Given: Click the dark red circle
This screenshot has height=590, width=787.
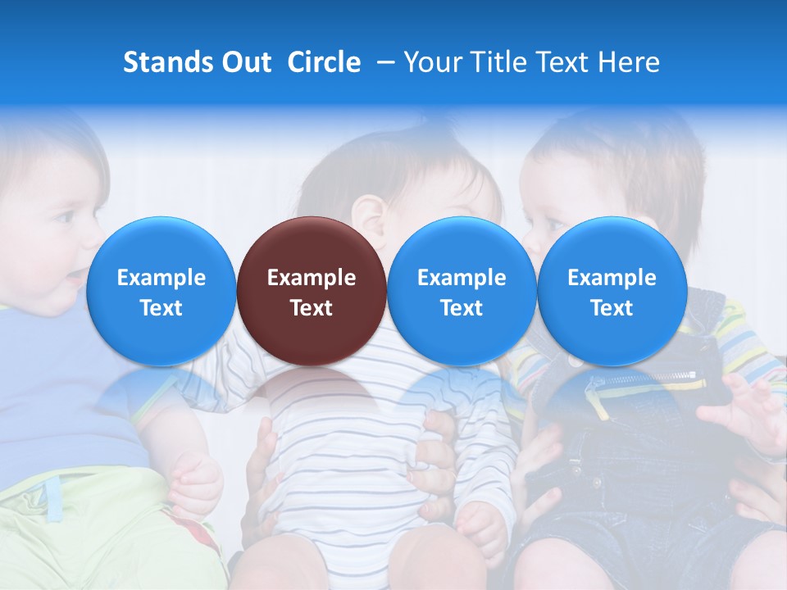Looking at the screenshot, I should pyautogui.click(x=312, y=291).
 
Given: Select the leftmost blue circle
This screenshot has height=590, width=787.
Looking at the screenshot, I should pyautogui.click(x=161, y=291).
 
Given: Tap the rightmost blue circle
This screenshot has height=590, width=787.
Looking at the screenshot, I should pyautogui.click(x=612, y=291).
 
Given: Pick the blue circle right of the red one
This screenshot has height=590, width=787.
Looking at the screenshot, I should pyautogui.click(x=462, y=291).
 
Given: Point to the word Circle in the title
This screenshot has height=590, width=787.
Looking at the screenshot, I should pyautogui.click(x=324, y=62).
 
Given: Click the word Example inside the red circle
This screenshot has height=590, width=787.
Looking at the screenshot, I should pyautogui.click(x=312, y=278).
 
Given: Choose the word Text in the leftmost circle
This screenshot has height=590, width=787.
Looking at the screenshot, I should pyautogui.click(x=161, y=308).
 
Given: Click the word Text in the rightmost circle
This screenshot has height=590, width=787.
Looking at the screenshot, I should pyautogui.click(x=612, y=308).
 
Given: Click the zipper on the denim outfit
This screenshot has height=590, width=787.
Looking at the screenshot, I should pyautogui.click(x=648, y=379).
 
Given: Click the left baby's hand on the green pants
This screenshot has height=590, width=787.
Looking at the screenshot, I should pyautogui.click(x=197, y=483).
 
